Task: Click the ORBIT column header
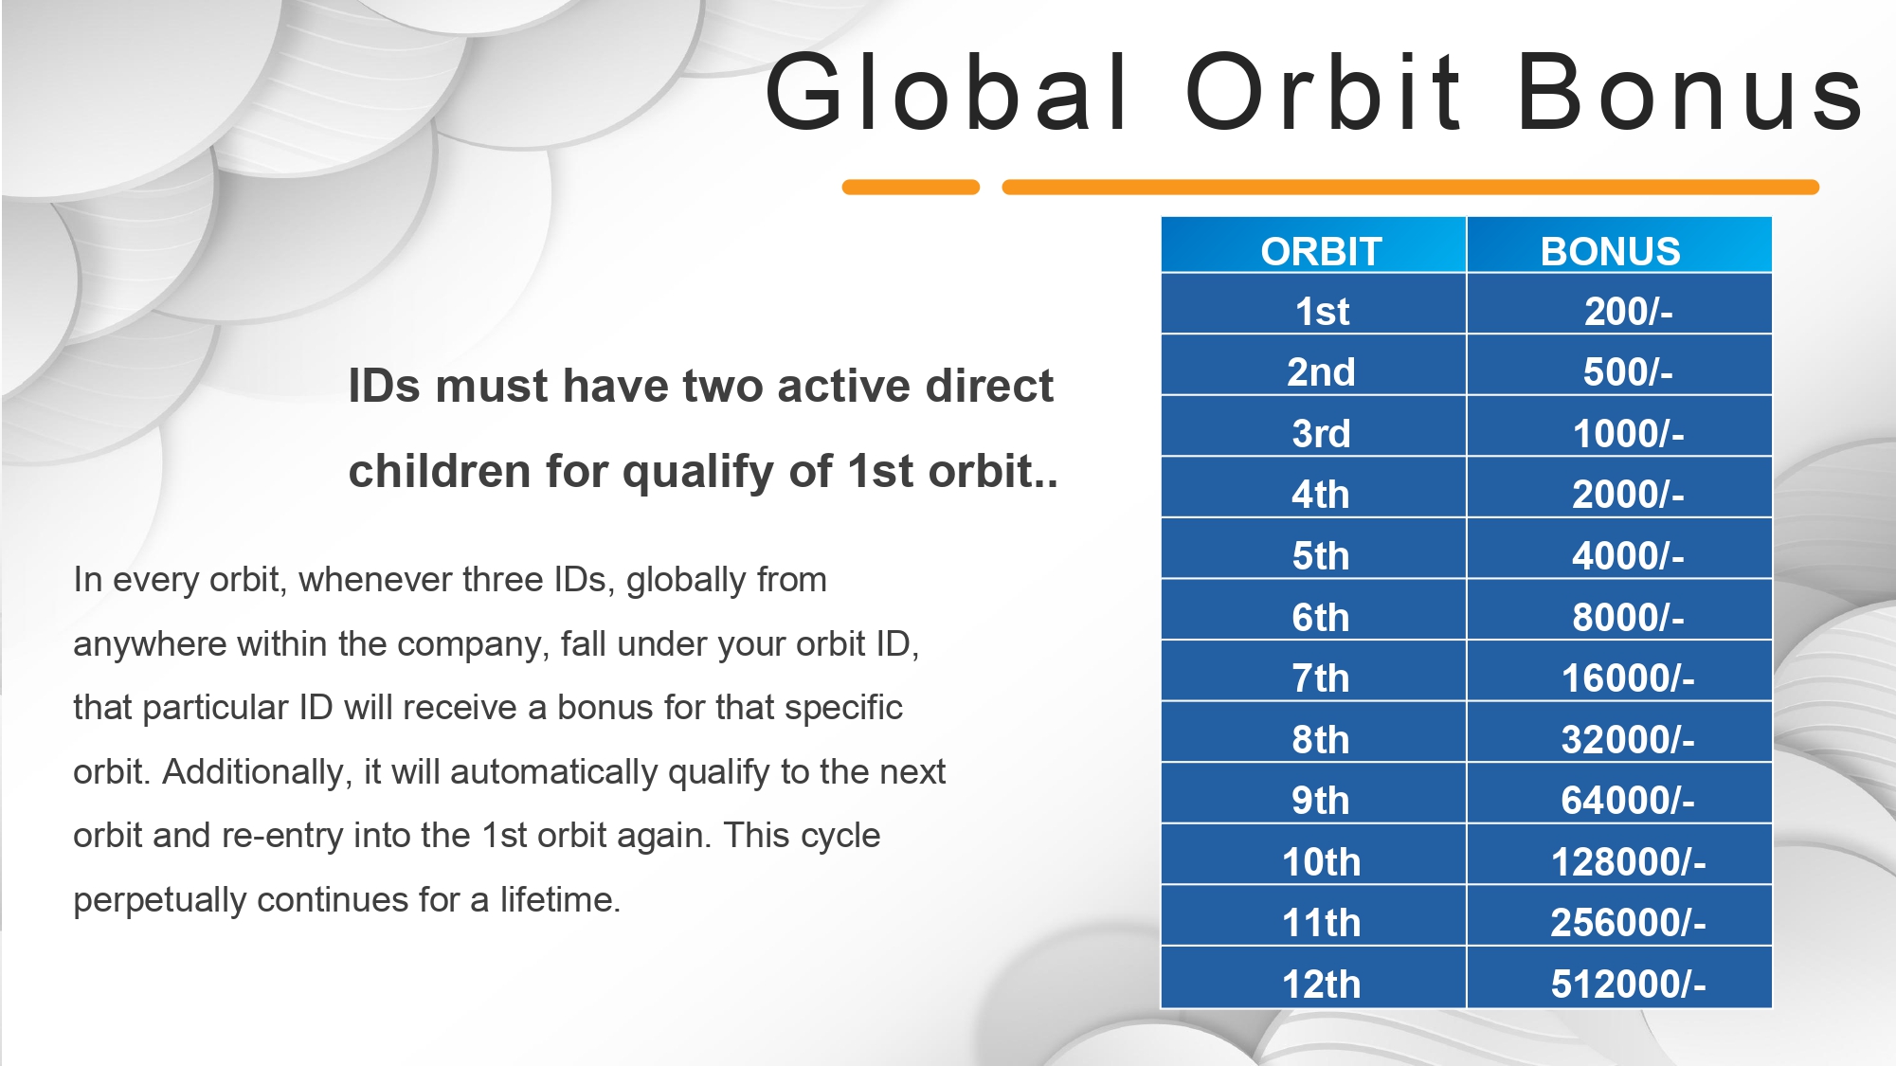(1321, 251)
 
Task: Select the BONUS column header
(1610, 251)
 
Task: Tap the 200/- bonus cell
(1628, 312)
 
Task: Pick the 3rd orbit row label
(1321, 434)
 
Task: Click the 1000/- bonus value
(1628, 434)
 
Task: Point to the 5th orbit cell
(1321, 556)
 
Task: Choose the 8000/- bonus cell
(1628, 618)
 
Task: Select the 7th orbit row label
(1321, 678)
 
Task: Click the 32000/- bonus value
(1628, 740)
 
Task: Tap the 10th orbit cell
(1321, 862)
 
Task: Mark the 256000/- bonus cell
(1628, 923)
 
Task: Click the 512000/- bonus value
(1628, 985)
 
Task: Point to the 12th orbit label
(1321, 985)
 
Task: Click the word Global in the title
(947, 92)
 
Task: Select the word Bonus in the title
(1691, 92)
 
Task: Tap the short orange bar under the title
(911, 188)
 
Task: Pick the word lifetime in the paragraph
(560, 899)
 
